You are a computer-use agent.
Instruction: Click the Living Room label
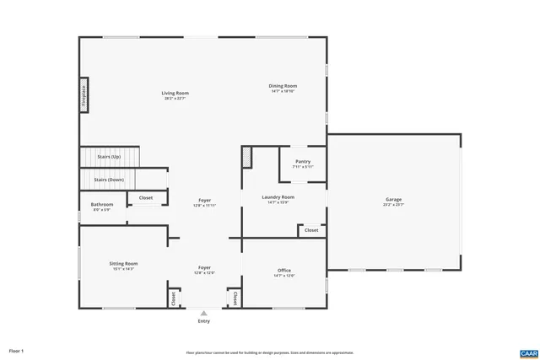coord(175,93)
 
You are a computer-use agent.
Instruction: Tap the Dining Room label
coord(283,85)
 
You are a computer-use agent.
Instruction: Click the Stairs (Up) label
coord(109,157)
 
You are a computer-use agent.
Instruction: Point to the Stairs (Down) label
coord(109,180)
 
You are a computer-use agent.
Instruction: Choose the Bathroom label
coord(102,204)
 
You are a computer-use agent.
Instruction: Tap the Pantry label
coord(303,161)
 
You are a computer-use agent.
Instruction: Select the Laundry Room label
coord(278,197)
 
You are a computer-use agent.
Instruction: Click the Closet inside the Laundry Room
coord(311,229)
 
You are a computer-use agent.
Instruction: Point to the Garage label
coord(393,200)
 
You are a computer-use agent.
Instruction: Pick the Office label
coord(284,271)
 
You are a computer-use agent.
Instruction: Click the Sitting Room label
coord(122,264)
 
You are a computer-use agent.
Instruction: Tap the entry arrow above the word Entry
coord(203,312)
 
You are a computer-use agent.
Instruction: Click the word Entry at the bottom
coord(203,321)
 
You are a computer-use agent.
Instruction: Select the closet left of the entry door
coord(174,298)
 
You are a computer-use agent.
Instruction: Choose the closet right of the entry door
coord(234,298)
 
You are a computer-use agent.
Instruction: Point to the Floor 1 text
coord(17,350)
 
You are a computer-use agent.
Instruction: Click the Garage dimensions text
coord(393,205)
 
